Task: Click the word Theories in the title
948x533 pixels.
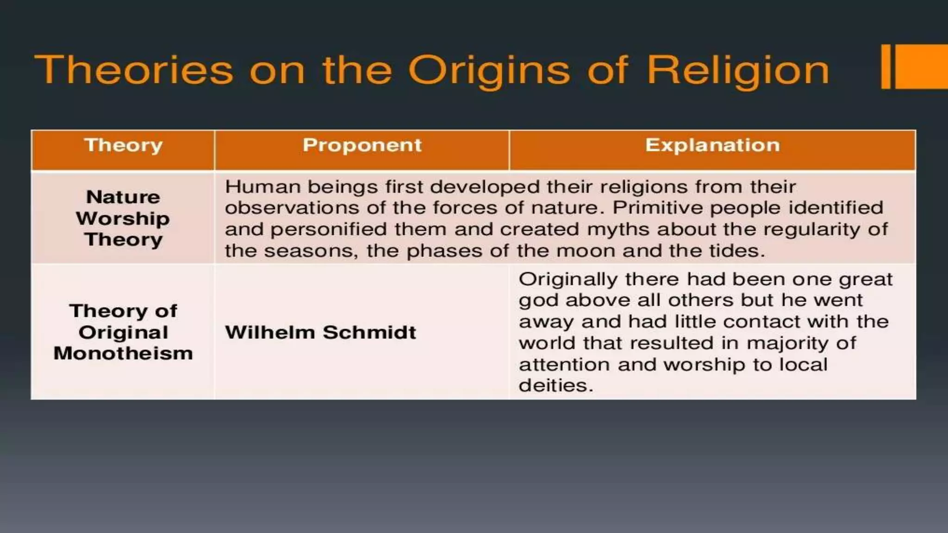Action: click(134, 70)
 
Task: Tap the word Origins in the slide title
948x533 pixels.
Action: click(489, 70)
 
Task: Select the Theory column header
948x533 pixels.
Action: click(123, 146)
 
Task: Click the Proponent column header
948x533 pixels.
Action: click(362, 146)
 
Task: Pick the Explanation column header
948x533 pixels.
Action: click(712, 146)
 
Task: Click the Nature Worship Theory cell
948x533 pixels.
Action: click(123, 218)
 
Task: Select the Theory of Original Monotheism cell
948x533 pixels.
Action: click(123, 332)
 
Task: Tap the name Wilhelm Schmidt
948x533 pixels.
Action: click(320, 332)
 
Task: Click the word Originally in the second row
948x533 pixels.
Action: click(568, 279)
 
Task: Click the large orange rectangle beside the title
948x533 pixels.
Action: click(921, 67)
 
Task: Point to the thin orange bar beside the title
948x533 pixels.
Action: click(886, 67)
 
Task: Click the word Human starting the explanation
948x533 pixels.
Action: click(262, 187)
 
